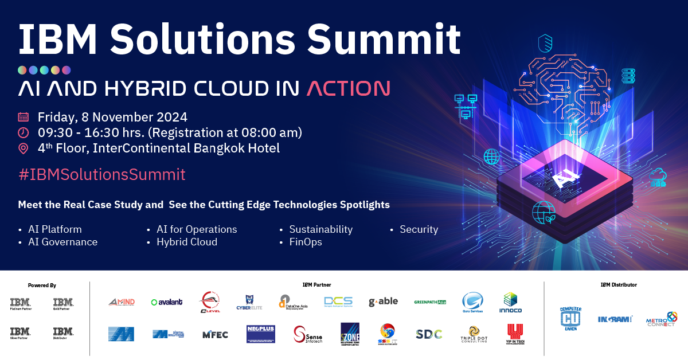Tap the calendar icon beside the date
pyautogui.click(x=24, y=117)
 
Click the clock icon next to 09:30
pyautogui.click(x=24, y=132)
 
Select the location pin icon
pyautogui.click(x=24, y=148)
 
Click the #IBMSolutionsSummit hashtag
pyautogui.click(x=101, y=174)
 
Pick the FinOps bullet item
pyautogui.click(x=306, y=242)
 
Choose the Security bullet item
pyautogui.click(x=419, y=229)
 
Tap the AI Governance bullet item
pyautogui.click(x=62, y=242)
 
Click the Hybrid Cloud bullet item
pyautogui.click(x=187, y=242)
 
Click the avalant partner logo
pyautogui.click(x=166, y=302)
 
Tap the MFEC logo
pyautogui.click(x=215, y=334)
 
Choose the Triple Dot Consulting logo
pyautogui.click(x=474, y=334)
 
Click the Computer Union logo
pyautogui.click(x=570, y=318)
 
